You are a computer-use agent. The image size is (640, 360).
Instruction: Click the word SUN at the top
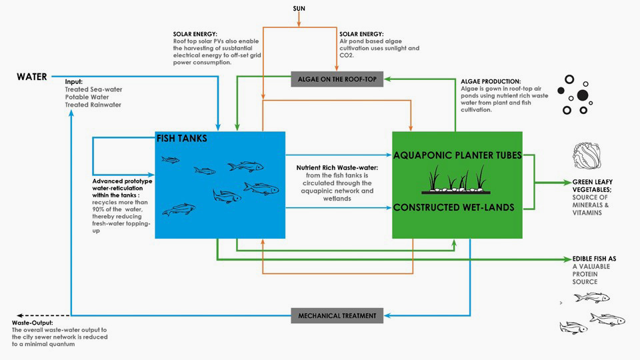coord(300,8)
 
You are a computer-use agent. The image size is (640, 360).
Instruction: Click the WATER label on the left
coord(32,77)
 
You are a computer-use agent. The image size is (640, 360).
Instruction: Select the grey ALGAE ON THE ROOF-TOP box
coord(337,78)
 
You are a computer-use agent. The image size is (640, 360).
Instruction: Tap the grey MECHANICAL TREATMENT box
coord(337,315)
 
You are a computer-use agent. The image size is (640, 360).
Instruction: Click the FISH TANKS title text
coord(182,139)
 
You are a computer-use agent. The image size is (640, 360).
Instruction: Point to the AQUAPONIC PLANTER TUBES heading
coord(457,155)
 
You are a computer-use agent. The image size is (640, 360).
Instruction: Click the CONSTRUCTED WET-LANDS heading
coord(453,207)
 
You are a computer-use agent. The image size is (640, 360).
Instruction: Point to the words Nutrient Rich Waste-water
coord(337,167)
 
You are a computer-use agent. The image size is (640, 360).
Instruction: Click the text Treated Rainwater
coord(93,105)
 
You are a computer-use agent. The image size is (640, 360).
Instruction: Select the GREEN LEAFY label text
coord(593,181)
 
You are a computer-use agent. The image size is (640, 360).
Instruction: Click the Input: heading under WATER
coord(74,81)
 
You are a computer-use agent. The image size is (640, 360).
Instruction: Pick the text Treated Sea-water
coord(94,89)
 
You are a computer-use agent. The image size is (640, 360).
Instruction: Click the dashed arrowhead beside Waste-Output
coord(21,315)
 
